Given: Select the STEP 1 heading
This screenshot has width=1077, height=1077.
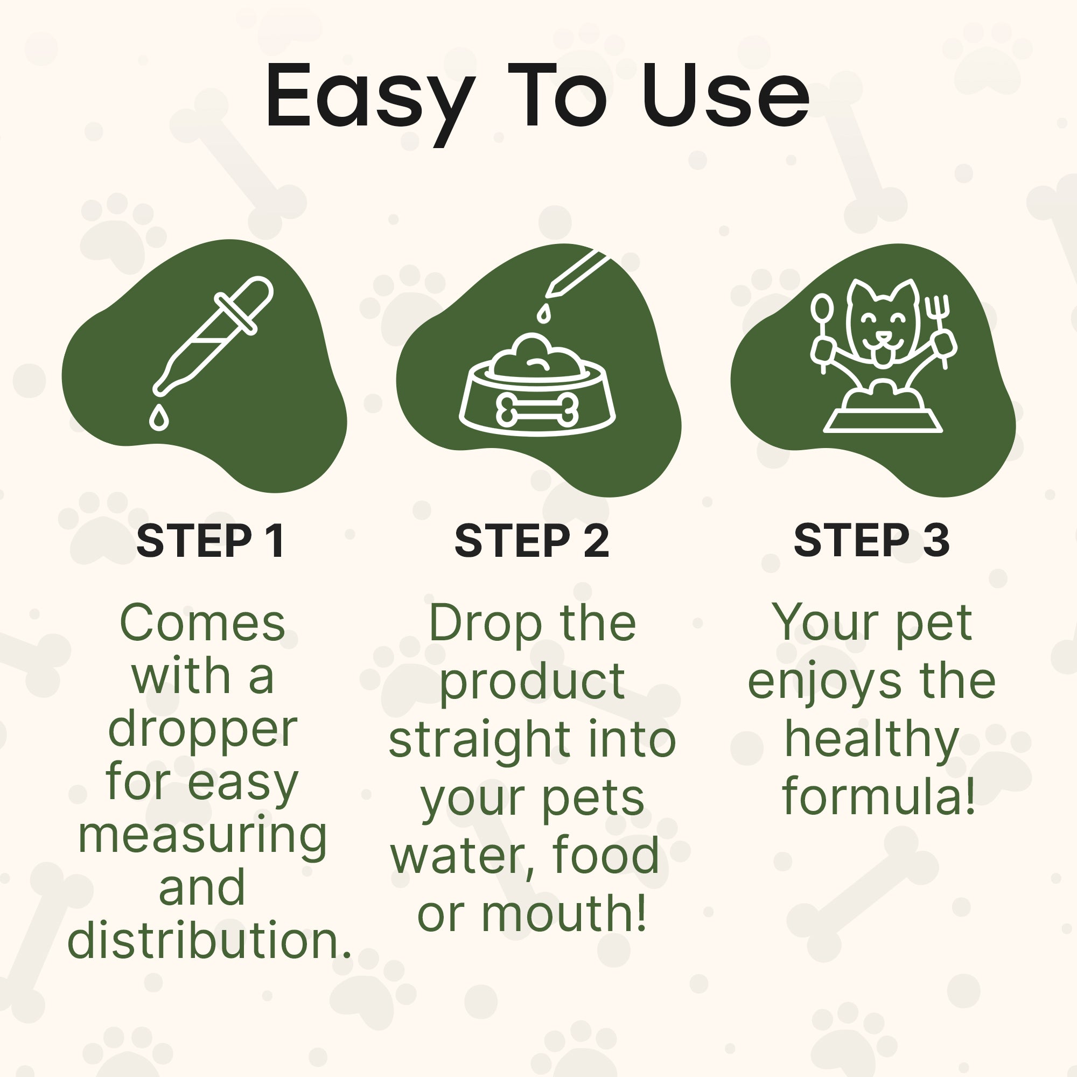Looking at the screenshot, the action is pos(210,540).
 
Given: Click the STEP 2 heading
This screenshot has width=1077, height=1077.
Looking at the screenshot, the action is pos(532,540).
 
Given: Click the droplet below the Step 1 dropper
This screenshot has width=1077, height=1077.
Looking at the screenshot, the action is pos(159,417).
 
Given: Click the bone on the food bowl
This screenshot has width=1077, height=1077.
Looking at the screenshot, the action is pos(537,409).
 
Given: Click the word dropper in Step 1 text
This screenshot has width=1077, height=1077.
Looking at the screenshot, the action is pos(202,730).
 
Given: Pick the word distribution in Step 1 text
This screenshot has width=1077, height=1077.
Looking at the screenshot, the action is pos(209,940).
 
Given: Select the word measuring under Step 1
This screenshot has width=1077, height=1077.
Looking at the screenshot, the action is pos(202,837).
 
